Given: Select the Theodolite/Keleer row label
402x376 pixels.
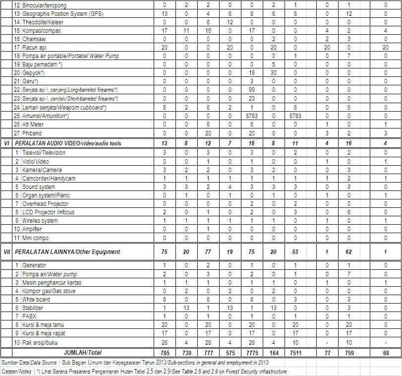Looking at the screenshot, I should point(43,22).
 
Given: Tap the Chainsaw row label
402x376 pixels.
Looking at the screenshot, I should point(35,39).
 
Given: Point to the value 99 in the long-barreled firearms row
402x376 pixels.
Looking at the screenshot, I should point(251,90).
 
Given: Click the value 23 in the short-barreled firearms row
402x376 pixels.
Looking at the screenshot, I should point(251,98).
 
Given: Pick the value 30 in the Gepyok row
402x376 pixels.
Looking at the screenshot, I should point(273,73).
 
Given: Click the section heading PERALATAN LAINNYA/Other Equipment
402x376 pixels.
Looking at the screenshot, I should point(67,252).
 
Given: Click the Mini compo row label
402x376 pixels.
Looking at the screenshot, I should point(36,238).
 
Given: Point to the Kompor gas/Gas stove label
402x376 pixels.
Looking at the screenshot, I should point(49,291).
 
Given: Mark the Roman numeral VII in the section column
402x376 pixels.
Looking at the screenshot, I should point(7,252).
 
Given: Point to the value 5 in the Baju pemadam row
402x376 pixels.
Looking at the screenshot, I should point(273,64).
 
